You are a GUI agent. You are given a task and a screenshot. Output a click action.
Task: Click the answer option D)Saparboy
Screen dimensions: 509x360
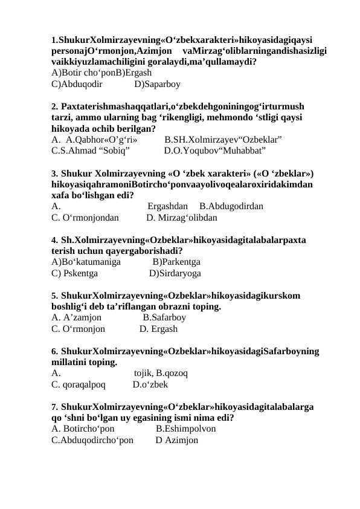157,84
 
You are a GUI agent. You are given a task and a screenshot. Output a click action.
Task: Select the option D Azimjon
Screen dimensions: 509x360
176,440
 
